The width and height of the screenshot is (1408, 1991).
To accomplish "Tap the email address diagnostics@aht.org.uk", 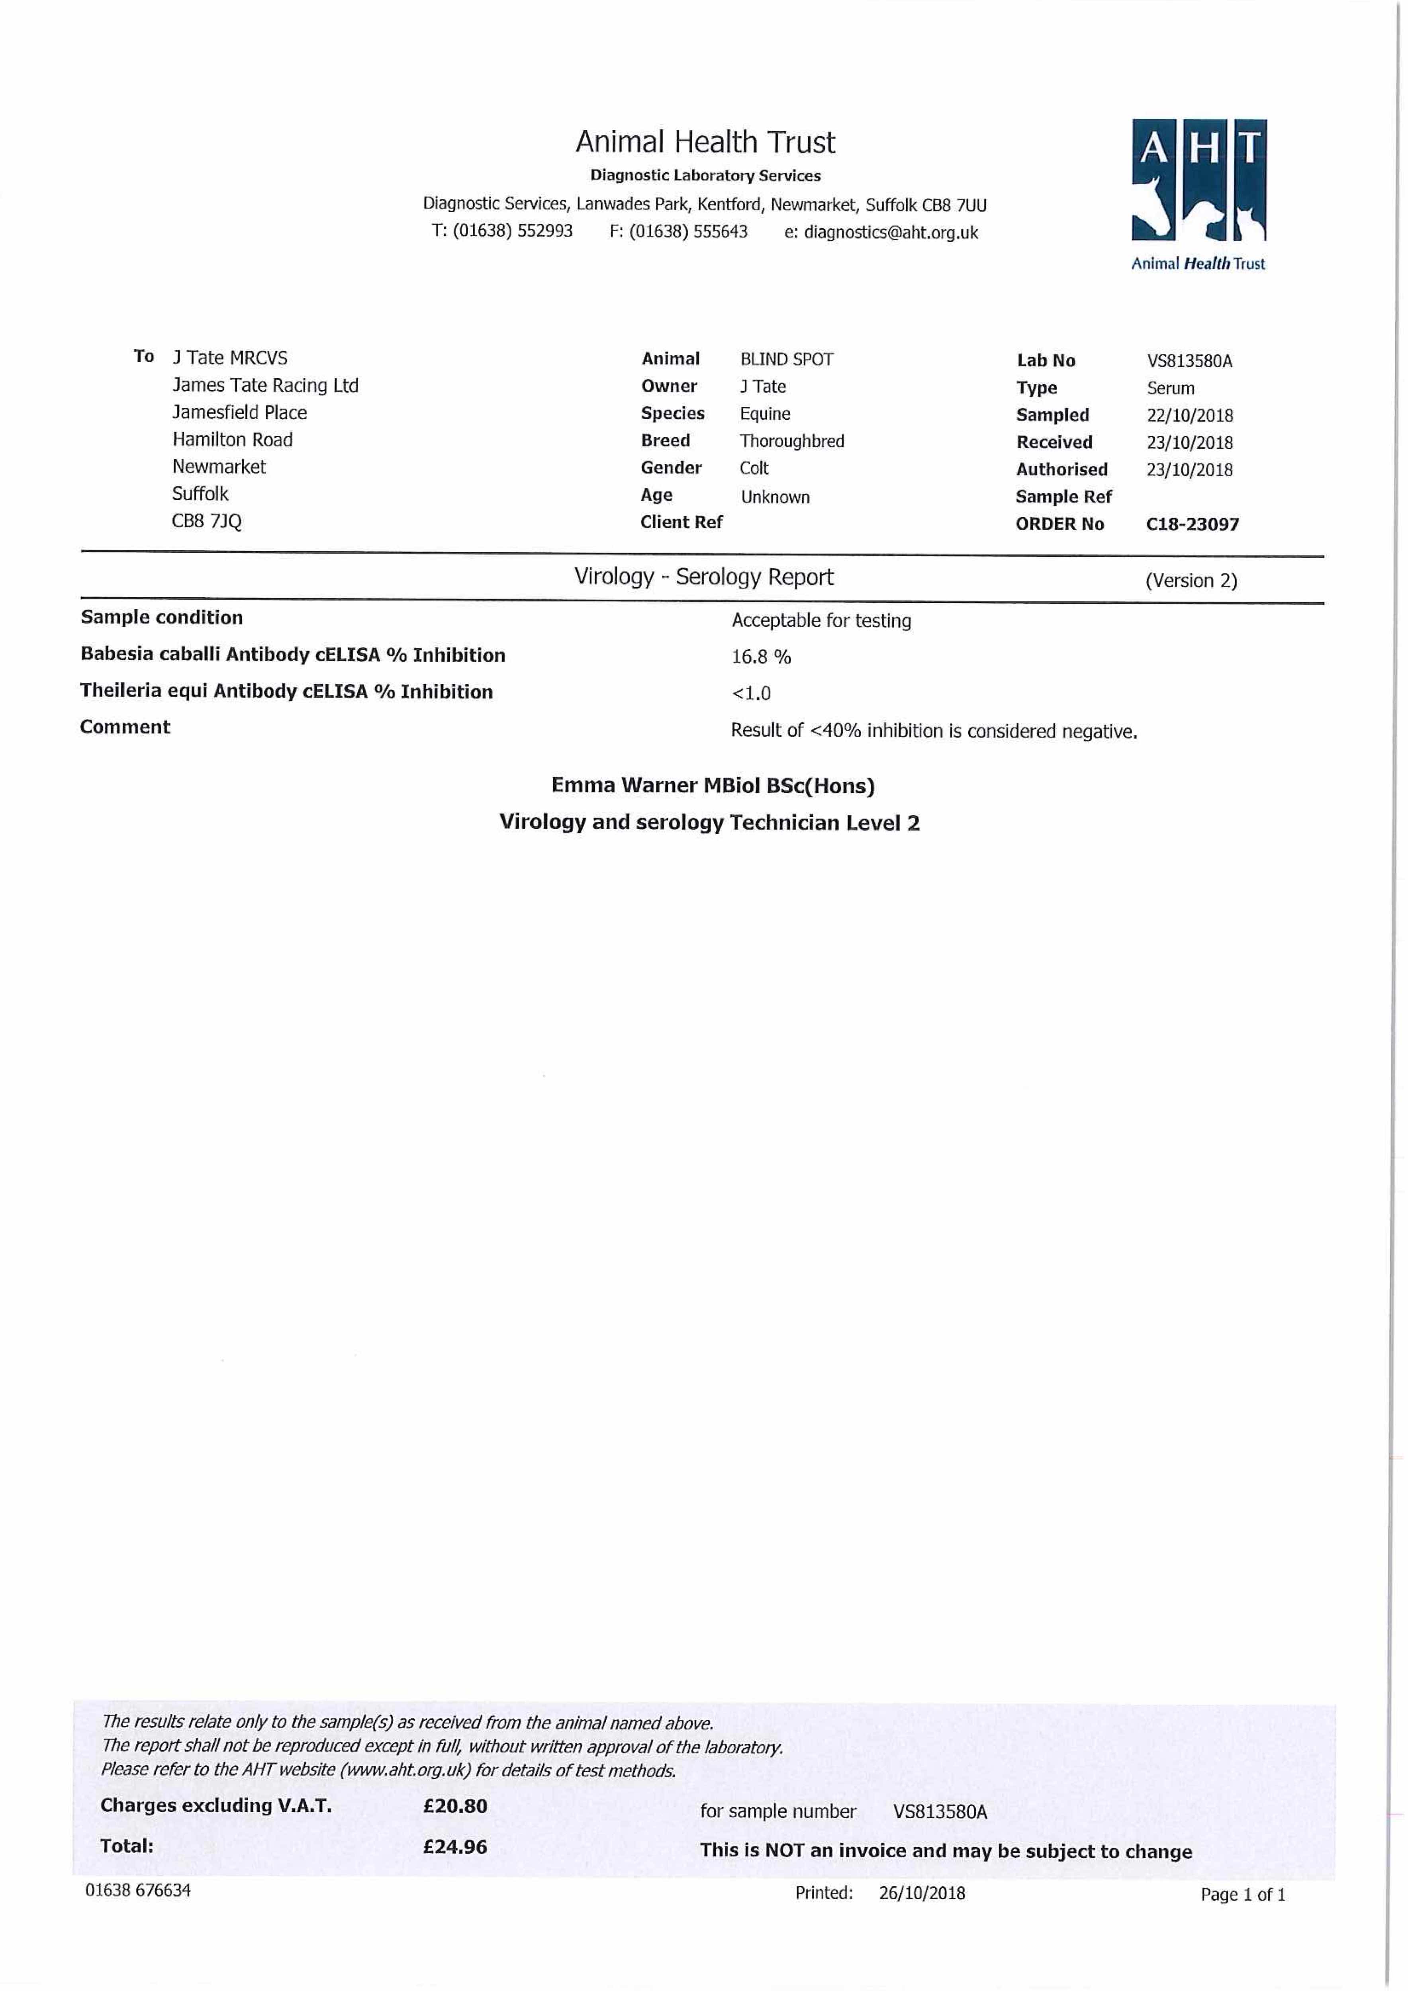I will click(891, 233).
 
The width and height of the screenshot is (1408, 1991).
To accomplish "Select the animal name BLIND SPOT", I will click(786, 359).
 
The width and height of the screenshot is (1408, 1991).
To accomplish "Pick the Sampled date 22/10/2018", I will click(1189, 415).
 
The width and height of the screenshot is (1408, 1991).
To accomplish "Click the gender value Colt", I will click(754, 468).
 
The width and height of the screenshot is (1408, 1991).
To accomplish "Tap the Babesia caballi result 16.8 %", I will click(761, 657).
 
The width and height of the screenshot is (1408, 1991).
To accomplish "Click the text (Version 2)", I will click(1191, 580).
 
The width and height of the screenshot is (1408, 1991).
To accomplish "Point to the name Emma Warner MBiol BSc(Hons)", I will click(712, 786).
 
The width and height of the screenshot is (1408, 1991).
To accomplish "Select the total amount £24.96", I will click(454, 1846).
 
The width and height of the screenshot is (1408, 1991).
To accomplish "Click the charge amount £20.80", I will click(454, 1805).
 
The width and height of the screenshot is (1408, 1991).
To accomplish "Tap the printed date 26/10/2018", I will click(921, 1892).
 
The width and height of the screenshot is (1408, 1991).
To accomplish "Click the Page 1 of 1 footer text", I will click(1242, 1894).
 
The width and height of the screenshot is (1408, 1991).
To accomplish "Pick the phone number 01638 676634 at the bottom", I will click(138, 1889).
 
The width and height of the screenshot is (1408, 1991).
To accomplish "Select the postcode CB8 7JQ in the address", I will click(206, 521).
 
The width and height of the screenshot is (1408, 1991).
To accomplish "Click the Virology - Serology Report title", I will click(703, 577).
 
